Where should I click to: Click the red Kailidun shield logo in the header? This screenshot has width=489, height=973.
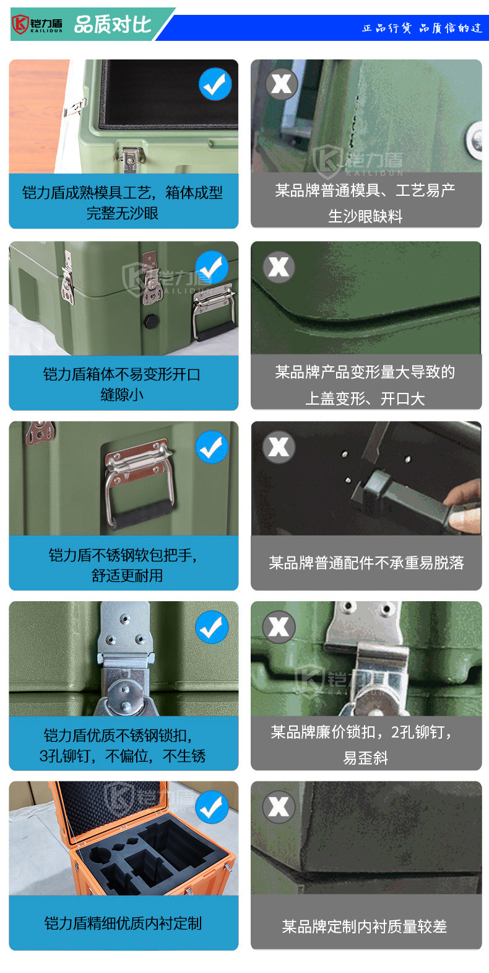20,24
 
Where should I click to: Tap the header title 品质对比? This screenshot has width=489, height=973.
113,24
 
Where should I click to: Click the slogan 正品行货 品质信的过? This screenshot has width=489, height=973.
422,29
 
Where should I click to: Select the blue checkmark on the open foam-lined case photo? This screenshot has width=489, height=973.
215,84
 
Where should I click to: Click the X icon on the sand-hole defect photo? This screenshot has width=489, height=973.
282,84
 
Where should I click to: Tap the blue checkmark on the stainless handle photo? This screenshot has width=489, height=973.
212,447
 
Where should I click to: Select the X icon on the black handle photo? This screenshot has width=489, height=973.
279,447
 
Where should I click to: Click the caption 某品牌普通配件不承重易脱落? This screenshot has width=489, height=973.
366,563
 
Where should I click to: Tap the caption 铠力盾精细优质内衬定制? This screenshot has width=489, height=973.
123,923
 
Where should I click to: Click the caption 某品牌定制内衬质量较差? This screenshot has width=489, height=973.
365,926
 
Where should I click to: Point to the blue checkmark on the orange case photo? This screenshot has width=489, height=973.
212,807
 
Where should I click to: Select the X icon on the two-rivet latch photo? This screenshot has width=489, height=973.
279,627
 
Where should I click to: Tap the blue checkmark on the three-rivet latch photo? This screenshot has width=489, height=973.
212,627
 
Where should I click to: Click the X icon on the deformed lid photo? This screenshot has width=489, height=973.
279,266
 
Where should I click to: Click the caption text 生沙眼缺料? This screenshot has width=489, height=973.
365,216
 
